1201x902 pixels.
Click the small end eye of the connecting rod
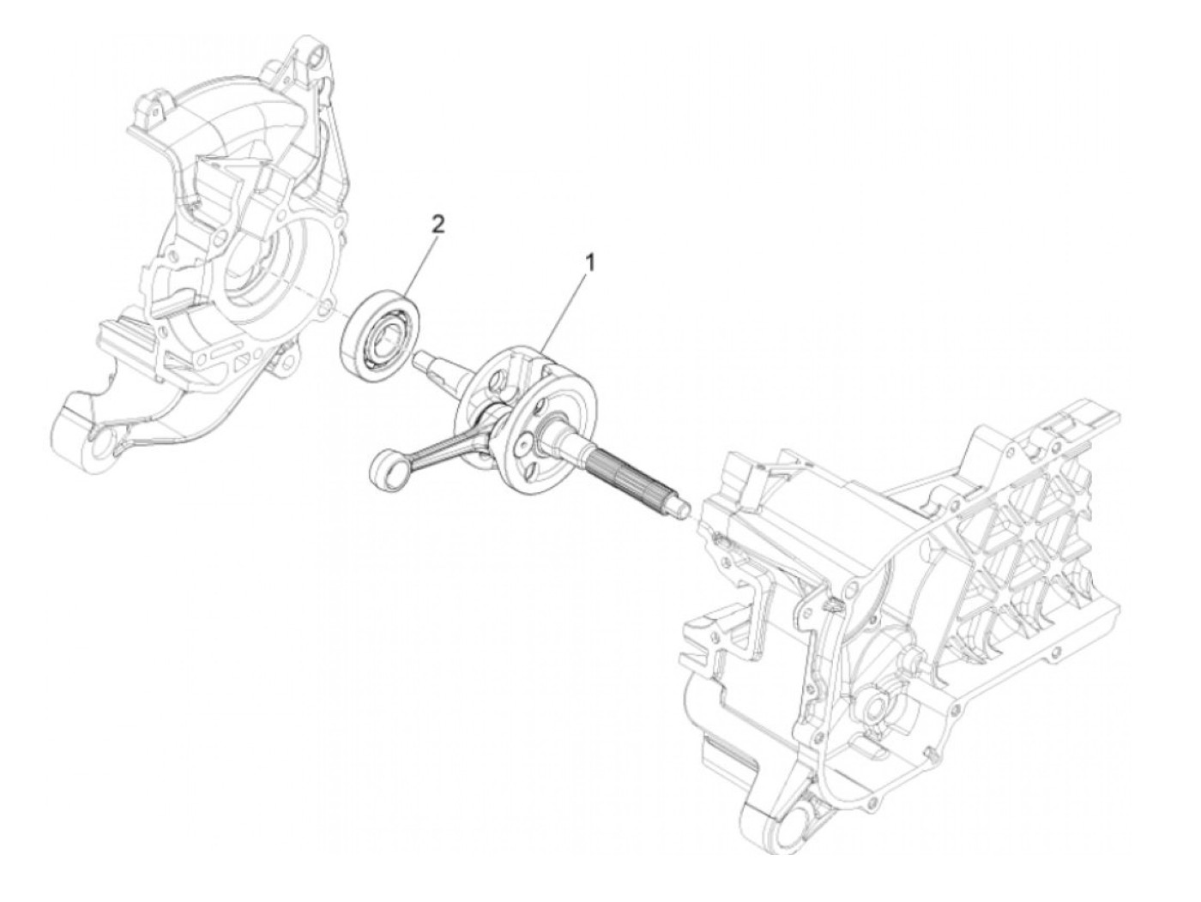pyautogui.click(x=380, y=472)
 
